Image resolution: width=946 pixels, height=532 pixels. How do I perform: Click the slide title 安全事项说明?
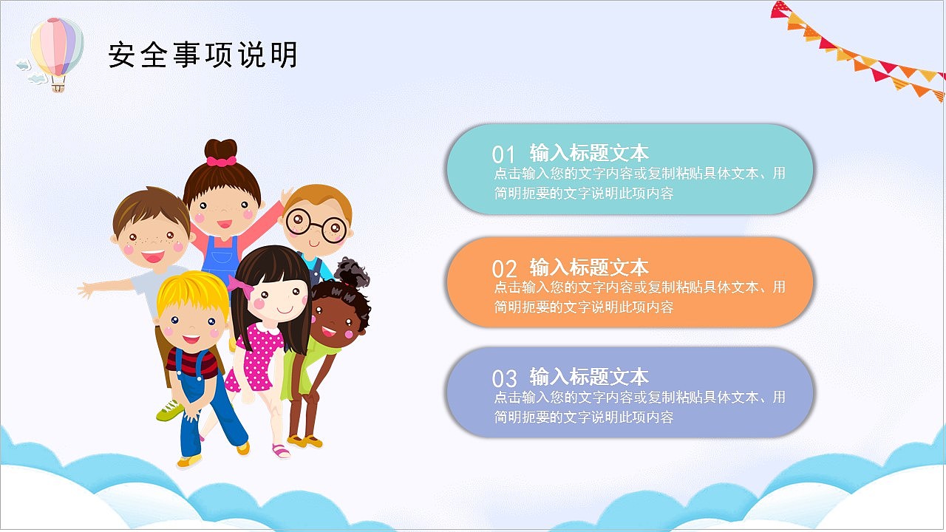point(203,55)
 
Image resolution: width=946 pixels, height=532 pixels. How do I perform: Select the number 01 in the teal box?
point(503,154)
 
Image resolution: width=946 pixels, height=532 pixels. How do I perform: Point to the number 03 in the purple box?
point(504,378)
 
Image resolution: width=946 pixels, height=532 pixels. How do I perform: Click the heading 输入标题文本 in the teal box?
point(589,153)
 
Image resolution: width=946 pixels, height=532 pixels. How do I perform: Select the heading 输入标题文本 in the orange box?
point(589,267)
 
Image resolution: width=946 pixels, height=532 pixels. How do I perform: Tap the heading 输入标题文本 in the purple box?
point(589,376)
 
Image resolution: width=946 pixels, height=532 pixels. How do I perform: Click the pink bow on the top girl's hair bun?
point(221,160)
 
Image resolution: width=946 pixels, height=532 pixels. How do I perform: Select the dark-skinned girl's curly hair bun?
point(353,273)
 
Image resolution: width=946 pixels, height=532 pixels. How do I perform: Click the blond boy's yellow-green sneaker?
point(169,410)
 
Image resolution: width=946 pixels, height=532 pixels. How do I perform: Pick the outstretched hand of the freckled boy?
point(86,288)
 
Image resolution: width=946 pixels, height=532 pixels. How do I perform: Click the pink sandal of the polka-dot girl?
point(281,450)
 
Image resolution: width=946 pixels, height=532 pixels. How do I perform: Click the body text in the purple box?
point(639,407)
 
